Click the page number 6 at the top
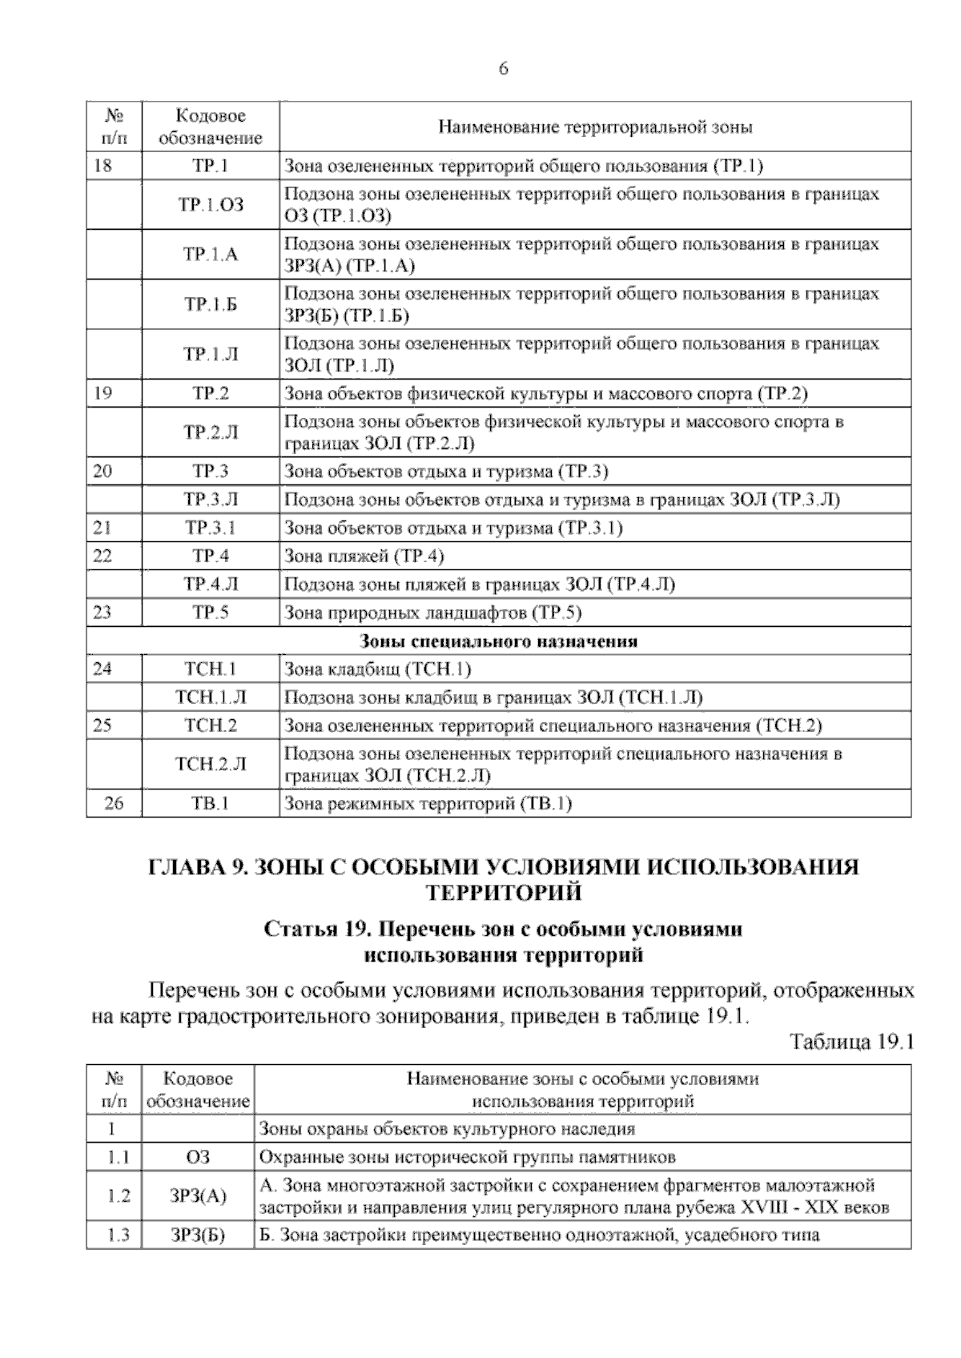503,69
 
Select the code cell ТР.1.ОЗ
211,205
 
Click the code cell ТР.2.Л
211,432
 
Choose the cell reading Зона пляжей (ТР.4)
364,556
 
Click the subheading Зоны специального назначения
498,641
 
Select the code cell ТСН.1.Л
211,697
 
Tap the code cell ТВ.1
211,803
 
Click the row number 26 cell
114,803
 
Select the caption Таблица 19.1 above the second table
851,1042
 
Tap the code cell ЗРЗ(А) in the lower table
198,1196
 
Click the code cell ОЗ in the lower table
198,1157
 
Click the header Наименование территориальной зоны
595,127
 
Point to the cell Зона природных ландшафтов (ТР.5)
433,613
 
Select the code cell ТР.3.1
211,528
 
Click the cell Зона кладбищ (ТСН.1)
378,669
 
